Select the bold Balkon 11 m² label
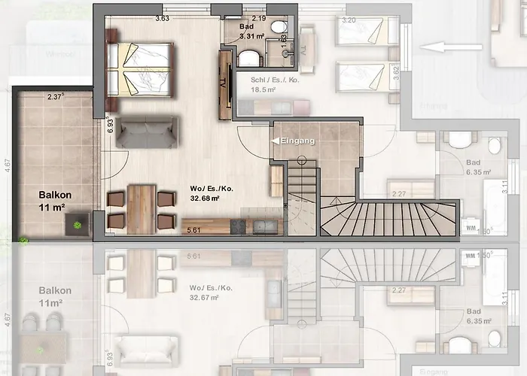[x=55, y=199]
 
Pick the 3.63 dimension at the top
[x=161, y=18]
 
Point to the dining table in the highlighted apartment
[x=142, y=208]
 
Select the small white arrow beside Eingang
[x=275, y=141]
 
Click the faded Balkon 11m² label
[x=55, y=296]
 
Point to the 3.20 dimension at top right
[x=349, y=20]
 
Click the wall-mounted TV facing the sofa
[x=223, y=83]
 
